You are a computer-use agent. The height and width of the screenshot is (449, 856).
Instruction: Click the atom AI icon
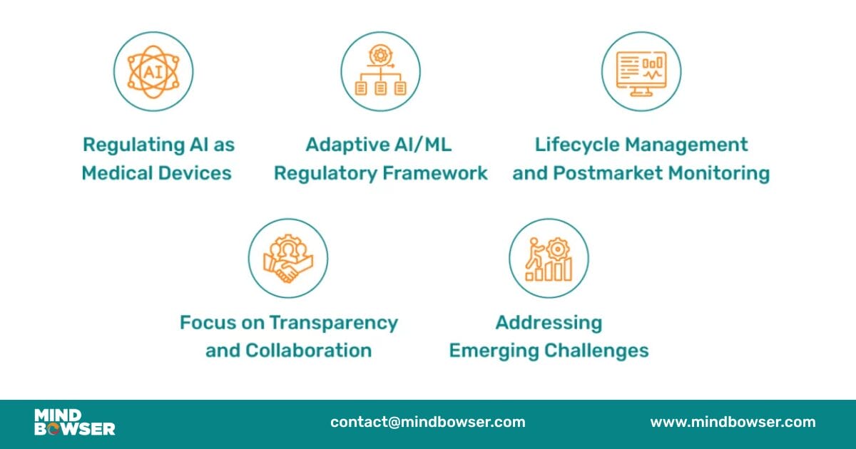(x=153, y=72)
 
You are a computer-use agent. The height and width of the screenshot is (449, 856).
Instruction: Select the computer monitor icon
(x=641, y=73)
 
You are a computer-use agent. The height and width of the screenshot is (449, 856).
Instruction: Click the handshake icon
(x=288, y=259)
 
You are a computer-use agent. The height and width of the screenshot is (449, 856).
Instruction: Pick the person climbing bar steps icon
(x=549, y=259)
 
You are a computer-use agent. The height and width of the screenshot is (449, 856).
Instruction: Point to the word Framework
(x=435, y=173)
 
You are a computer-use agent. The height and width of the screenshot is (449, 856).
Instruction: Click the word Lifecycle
(x=577, y=145)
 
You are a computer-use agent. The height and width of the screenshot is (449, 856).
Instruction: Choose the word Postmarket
(x=608, y=173)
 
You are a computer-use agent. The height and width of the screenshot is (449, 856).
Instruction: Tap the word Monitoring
(x=719, y=174)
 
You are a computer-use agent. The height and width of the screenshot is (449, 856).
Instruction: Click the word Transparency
(x=334, y=324)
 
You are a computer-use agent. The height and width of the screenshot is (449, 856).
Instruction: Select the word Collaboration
(x=308, y=351)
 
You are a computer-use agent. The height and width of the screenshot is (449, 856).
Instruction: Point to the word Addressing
(x=549, y=324)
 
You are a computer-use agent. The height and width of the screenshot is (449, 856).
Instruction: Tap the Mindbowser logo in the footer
(x=74, y=422)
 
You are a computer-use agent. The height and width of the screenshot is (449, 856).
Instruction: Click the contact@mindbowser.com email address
(x=428, y=422)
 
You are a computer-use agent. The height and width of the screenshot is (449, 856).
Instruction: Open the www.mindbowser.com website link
(x=733, y=422)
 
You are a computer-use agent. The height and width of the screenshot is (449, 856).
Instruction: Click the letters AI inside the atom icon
(x=153, y=72)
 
